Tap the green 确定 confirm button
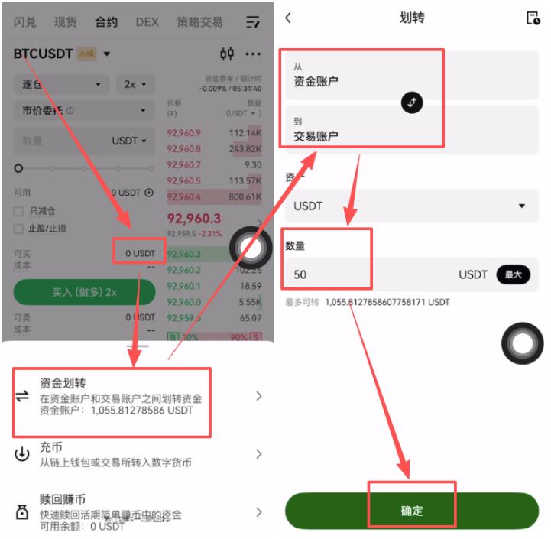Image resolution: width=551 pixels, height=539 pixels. click(x=412, y=511)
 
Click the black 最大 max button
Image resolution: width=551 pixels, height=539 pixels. click(x=513, y=274)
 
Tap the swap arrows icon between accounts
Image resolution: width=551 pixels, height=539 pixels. click(x=412, y=102)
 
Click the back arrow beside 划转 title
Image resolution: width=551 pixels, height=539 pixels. click(x=288, y=18)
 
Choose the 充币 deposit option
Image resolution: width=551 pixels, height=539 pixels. click(x=51, y=447)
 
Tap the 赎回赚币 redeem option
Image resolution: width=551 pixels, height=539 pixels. click(x=62, y=499)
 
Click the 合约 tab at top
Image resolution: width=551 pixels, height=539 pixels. click(x=106, y=22)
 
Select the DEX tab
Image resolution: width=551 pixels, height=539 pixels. click(x=147, y=22)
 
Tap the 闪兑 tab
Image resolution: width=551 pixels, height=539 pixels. click(x=25, y=22)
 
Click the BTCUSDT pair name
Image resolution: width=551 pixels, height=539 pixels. click(x=44, y=54)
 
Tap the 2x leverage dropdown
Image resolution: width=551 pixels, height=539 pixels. click(x=135, y=84)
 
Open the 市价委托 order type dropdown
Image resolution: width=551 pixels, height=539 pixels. click(x=83, y=111)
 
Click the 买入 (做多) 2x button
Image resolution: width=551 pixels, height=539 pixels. click(x=84, y=292)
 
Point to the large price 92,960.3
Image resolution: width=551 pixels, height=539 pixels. click(x=194, y=219)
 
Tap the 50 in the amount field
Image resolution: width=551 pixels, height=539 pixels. click(x=300, y=274)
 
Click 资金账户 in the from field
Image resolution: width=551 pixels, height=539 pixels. click(x=316, y=81)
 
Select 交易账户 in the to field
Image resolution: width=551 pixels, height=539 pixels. click(x=316, y=136)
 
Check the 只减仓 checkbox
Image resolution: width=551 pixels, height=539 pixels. click(x=19, y=211)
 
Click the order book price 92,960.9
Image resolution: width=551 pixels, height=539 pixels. click(x=184, y=133)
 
